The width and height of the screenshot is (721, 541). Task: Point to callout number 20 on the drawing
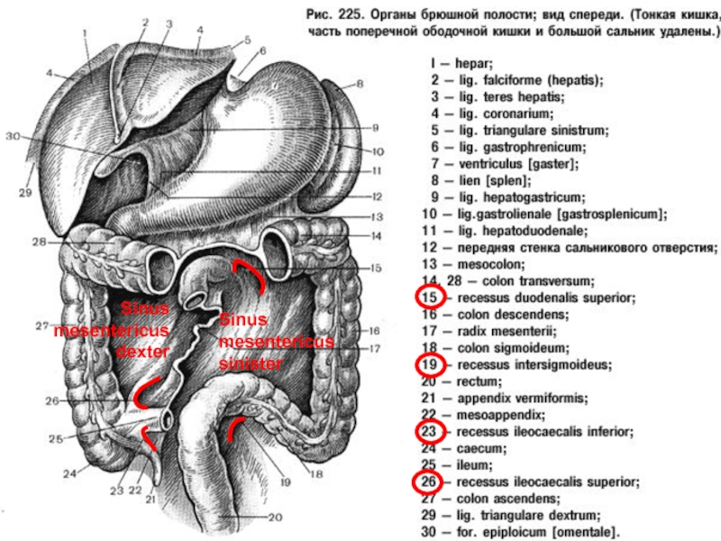tap(275, 516)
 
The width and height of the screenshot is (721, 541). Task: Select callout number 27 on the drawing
tap(42, 326)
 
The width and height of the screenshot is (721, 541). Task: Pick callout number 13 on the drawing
tap(376, 216)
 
